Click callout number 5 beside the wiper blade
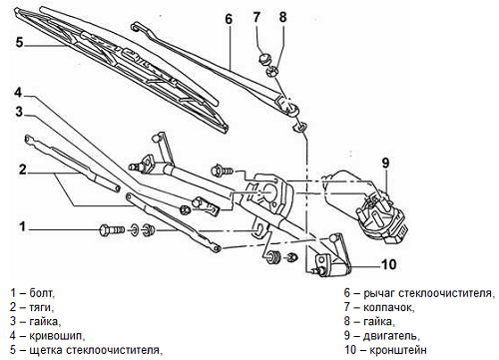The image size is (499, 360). click(20, 42)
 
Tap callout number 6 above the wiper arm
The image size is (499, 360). click(229, 19)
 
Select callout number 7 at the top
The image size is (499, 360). click(256, 17)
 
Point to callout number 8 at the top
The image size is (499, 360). click(282, 17)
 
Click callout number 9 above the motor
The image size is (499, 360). click(385, 163)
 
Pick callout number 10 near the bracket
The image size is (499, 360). click(388, 264)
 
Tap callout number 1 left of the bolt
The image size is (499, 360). click(22, 226)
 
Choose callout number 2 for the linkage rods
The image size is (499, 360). click(22, 170)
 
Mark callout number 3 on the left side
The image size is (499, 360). click(20, 112)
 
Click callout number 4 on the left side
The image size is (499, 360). click(18, 93)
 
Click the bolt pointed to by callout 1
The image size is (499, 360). click(112, 229)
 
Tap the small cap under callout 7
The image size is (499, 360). click(265, 59)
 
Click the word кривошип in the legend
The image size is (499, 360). click(55, 336)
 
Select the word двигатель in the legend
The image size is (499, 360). click(390, 336)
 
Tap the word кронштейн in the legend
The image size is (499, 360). click(398, 350)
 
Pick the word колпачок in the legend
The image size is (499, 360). click(388, 308)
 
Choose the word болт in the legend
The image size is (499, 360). click(41, 293)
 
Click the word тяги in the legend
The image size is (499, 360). click(40, 308)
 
